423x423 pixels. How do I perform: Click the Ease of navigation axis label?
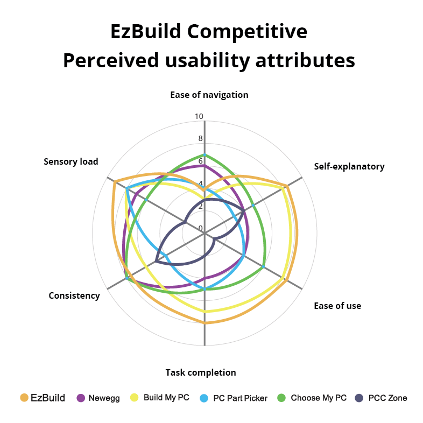[x=209, y=95]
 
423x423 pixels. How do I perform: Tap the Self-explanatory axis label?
[x=349, y=166]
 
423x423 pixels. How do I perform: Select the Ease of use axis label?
[x=337, y=306]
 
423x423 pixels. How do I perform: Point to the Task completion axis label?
[x=201, y=372]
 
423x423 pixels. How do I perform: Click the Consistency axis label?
[x=74, y=295]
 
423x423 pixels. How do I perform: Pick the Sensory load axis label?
[x=71, y=161]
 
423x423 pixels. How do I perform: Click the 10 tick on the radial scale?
[x=199, y=117]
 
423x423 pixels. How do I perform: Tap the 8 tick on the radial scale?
[x=201, y=139]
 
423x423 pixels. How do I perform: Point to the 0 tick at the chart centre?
[x=201, y=229]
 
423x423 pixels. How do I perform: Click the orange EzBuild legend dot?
[x=24, y=398]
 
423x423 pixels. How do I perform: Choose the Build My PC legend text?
[x=166, y=398]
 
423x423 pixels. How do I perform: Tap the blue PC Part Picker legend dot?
[x=204, y=398]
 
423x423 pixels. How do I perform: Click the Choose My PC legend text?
[x=319, y=398]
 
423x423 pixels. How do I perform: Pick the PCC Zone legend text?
[x=387, y=398]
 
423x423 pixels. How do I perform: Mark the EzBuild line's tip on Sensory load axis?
[x=115, y=182]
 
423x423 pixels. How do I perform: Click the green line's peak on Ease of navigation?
[x=205, y=155]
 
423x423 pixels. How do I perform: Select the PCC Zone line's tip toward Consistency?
[x=156, y=262]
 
